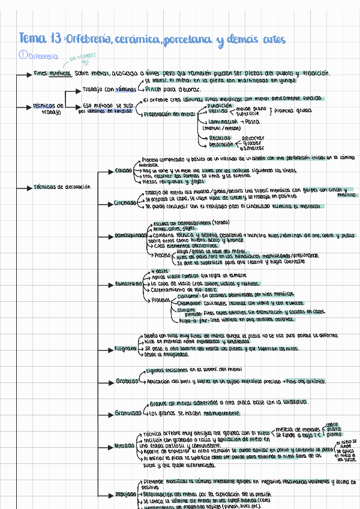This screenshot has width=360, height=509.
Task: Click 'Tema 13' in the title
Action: (40, 39)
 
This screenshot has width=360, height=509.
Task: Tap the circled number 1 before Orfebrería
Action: (22, 55)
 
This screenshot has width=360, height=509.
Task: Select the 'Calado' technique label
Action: (124, 170)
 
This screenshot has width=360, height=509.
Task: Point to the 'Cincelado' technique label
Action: (125, 203)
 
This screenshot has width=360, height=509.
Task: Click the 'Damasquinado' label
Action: (130, 235)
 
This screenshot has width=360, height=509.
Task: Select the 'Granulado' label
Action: (127, 413)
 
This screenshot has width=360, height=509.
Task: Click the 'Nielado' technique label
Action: (125, 446)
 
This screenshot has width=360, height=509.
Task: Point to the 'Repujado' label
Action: (125, 494)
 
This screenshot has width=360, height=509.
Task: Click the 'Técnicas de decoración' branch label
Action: (62, 187)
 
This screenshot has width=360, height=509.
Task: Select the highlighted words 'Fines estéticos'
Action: (53, 73)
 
